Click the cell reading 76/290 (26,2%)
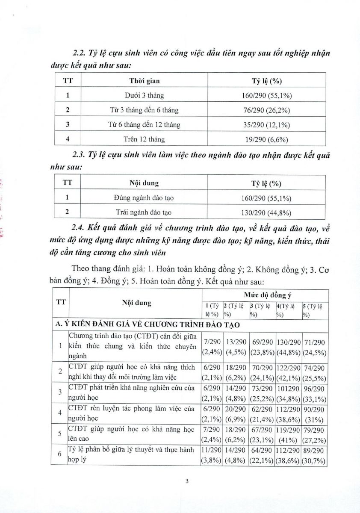[266, 110]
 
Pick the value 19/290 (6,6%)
[266, 139]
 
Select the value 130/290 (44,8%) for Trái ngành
[266, 212]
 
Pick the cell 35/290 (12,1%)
[266, 125]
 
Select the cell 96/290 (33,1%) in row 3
[314, 392]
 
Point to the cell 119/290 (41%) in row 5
[289, 434]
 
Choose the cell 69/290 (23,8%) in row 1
[262, 347]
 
